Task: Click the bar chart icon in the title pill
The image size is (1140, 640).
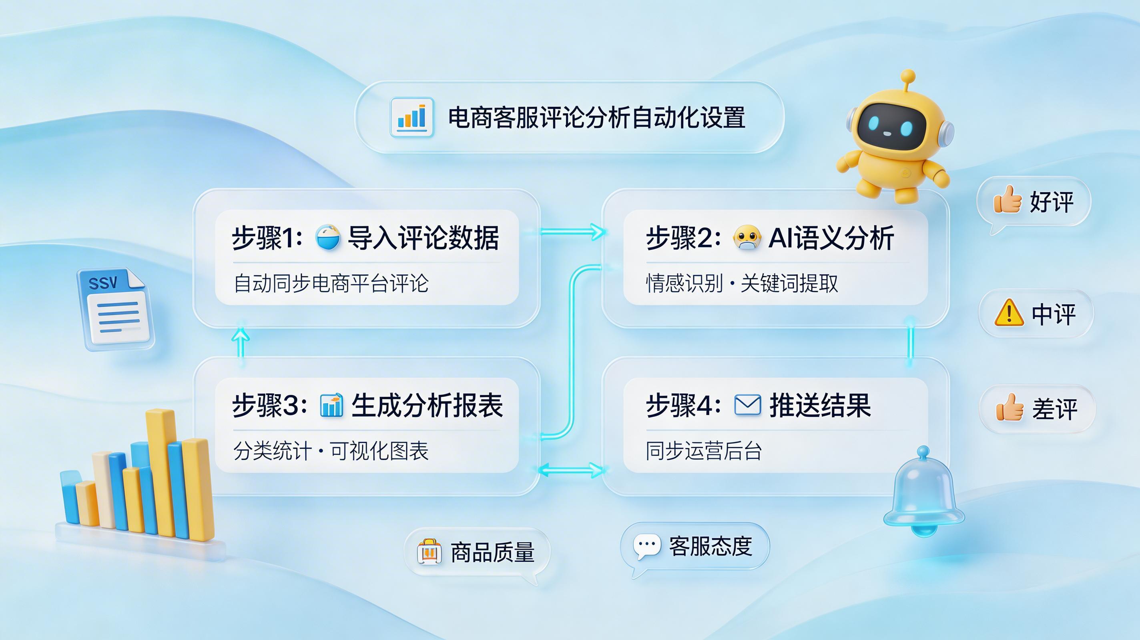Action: point(411,117)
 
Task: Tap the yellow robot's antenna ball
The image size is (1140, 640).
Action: point(908,76)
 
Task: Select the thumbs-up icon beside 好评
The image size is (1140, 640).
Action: point(1007,200)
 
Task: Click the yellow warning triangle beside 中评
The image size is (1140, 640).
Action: point(1009,313)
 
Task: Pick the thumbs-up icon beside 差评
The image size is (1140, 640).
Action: point(1010,407)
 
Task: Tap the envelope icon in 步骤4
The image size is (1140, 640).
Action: point(747,405)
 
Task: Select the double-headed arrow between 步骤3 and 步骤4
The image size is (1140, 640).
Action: point(571,470)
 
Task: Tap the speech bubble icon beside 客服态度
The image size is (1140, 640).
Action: point(646,546)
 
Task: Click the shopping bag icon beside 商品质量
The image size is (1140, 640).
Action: point(429,552)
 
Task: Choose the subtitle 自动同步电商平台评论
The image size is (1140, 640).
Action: point(331,283)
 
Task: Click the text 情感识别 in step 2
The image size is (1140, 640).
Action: point(684,283)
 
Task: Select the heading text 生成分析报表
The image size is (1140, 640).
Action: point(427,405)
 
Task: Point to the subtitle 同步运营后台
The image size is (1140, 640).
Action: point(704,451)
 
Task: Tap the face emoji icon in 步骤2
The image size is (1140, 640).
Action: point(747,238)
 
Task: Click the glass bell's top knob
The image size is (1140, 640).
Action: point(923,452)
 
